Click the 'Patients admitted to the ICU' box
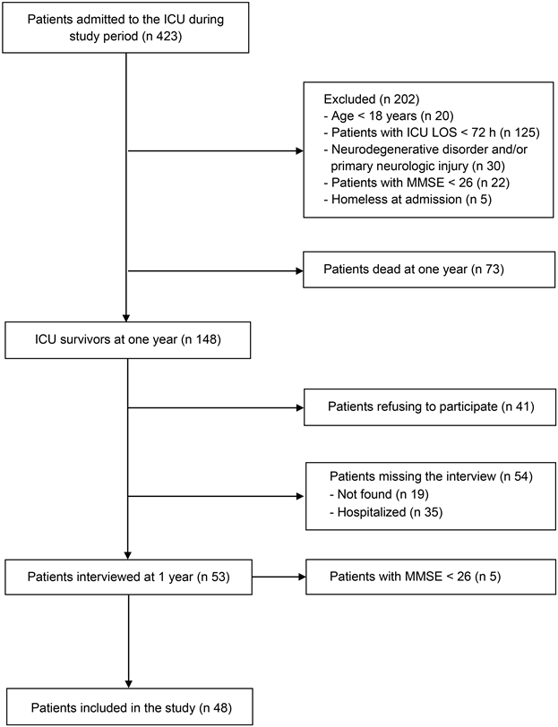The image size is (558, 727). (x=127, y=27)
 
